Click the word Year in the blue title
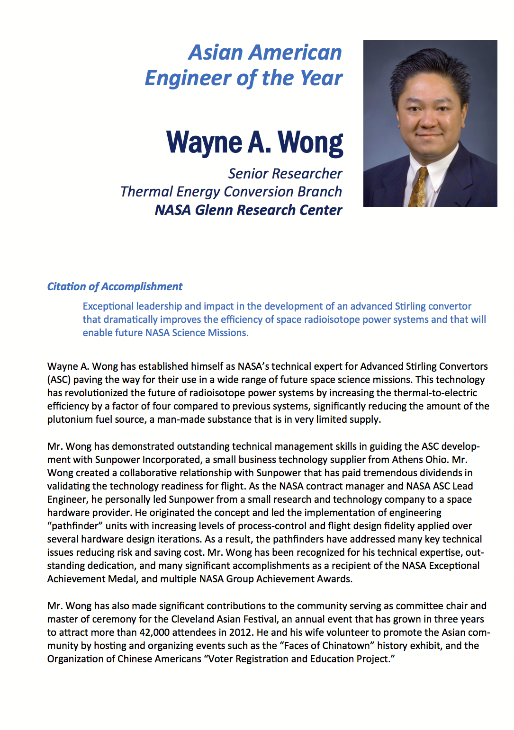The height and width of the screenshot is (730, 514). point(321,78)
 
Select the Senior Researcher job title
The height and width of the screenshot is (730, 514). point(285,174)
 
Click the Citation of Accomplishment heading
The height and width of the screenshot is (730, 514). point(115,286)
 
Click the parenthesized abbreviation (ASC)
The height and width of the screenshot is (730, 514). point(59,380)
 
